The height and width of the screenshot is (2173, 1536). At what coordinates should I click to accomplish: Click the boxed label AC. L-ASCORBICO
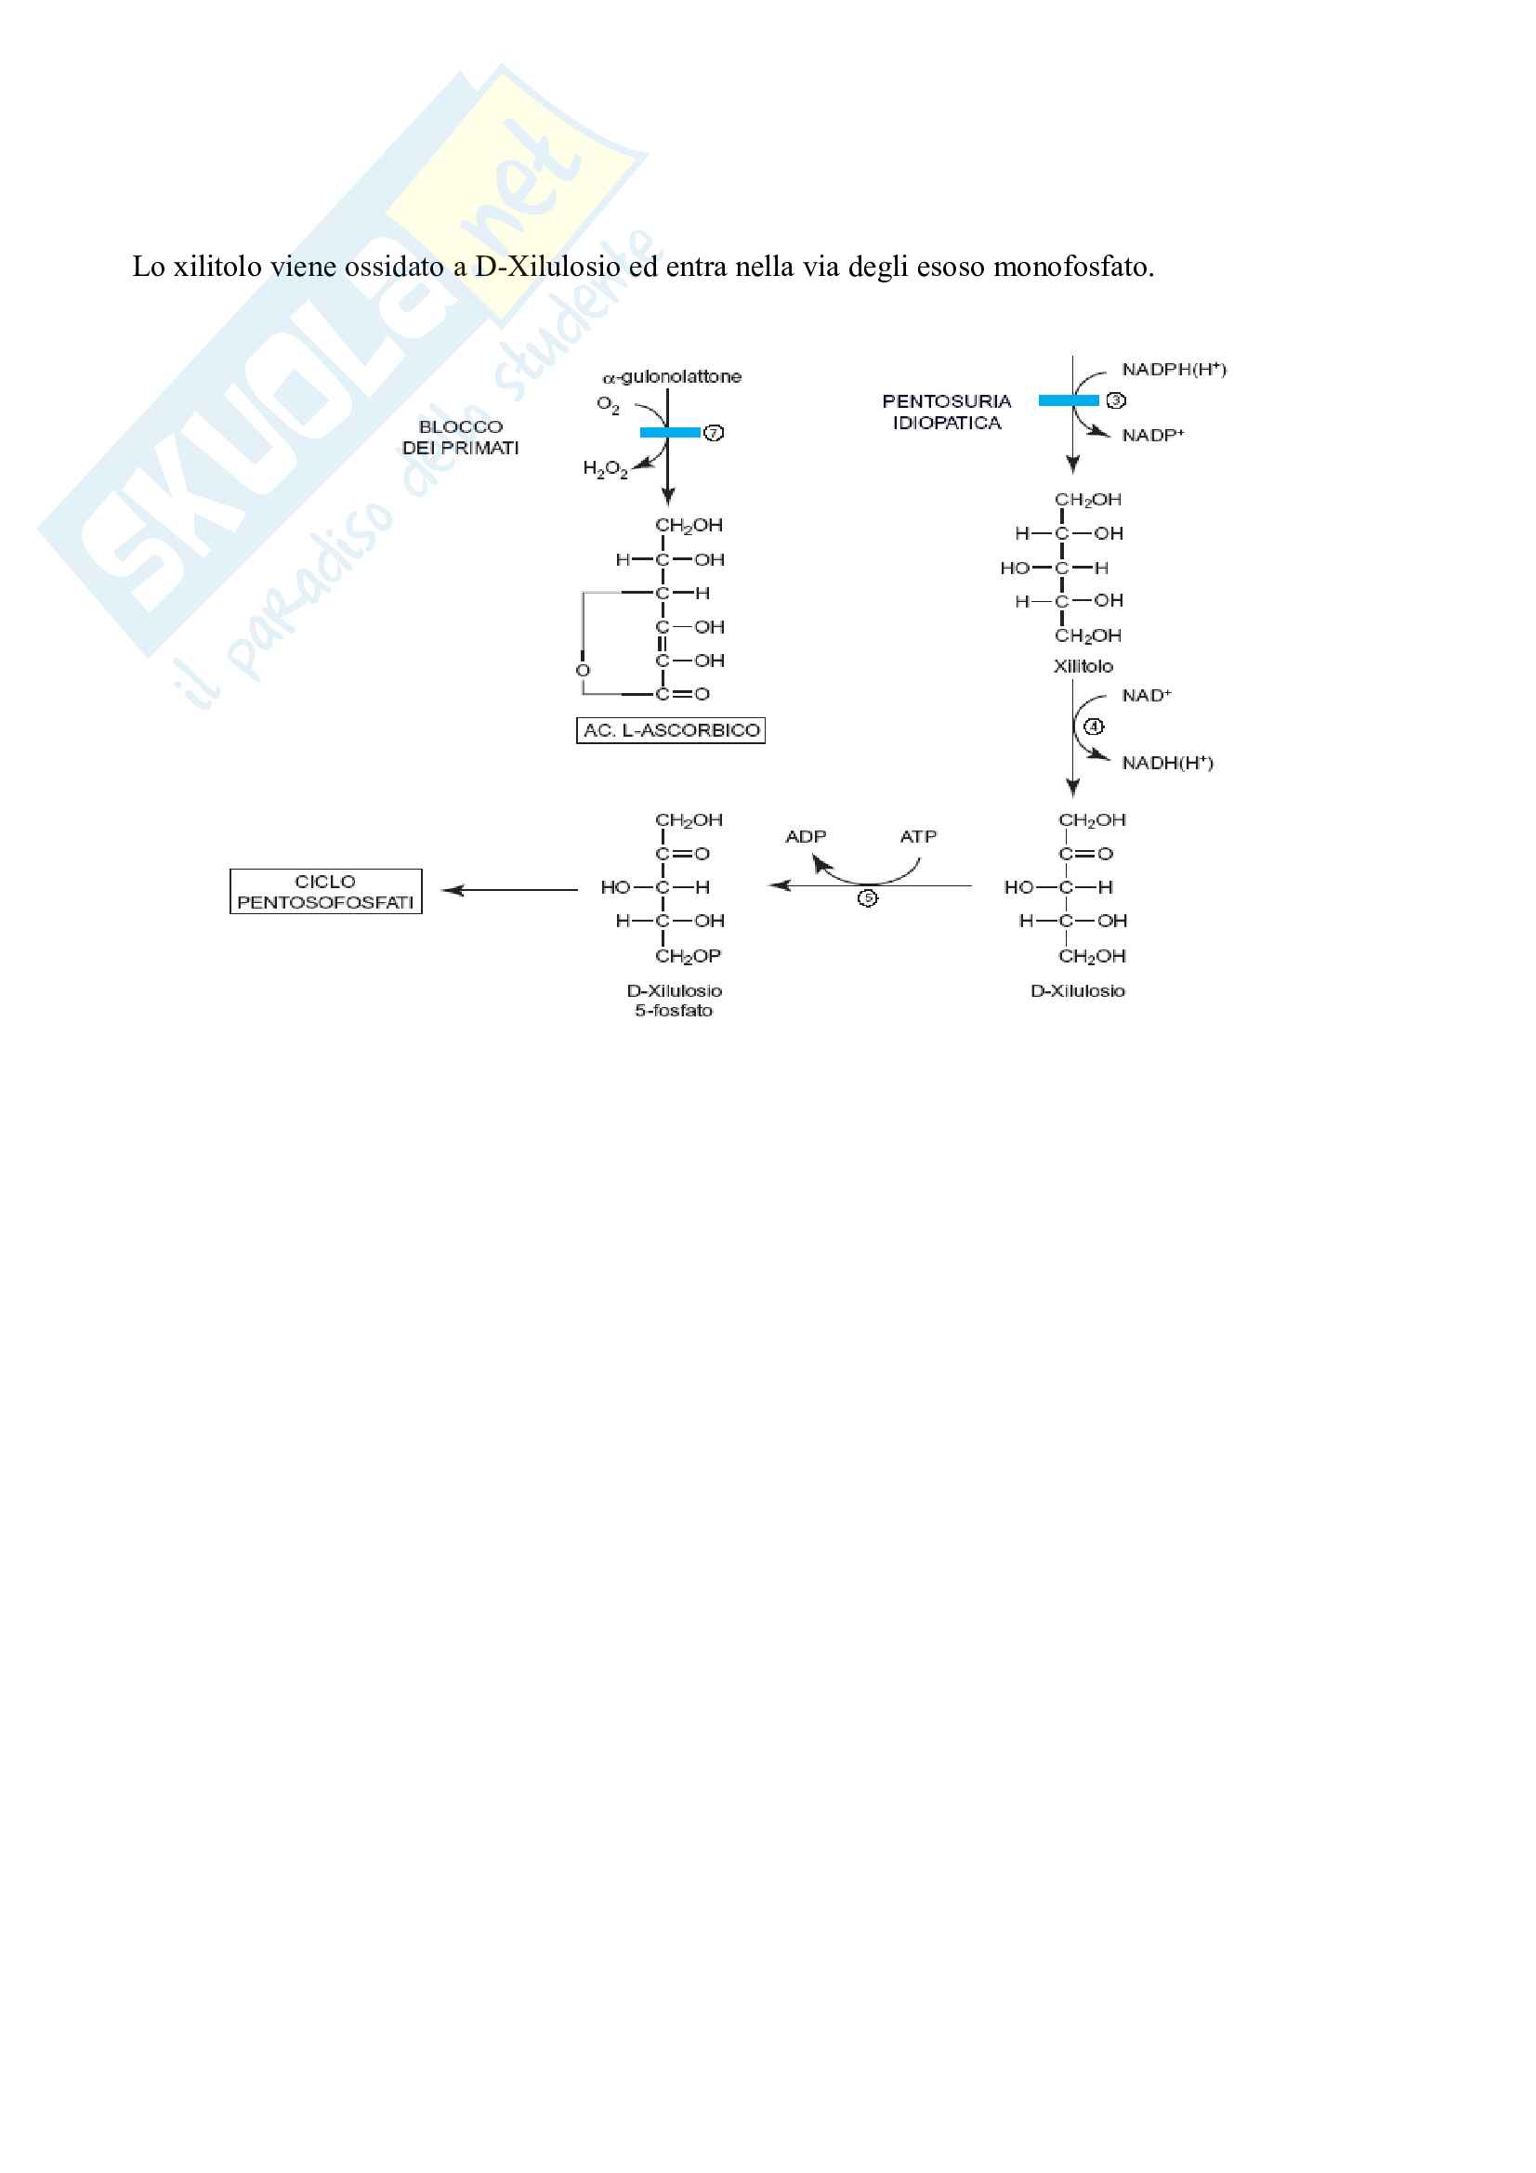[670, 730]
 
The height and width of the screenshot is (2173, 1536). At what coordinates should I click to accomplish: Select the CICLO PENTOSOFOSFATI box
[325, 892]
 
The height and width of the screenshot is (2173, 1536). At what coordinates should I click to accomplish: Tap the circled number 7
[714, 433]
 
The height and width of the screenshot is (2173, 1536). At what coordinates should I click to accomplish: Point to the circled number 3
[1116, 400]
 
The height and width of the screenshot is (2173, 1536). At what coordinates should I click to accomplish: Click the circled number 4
[1093, 727]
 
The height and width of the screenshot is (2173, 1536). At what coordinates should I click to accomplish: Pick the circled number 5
[867, 898]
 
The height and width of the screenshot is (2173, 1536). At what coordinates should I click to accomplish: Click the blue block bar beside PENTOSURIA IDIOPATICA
[1068, 400]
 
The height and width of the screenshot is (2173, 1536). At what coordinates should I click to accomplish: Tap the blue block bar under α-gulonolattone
[669, 433]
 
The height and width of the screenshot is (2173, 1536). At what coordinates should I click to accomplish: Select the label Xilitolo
[1083, 666]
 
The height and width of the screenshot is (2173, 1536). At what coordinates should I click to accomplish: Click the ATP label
[918, 837]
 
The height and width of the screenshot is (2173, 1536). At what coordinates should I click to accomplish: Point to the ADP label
[806, 837]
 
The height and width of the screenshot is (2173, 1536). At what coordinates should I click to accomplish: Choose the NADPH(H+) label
[1174, 369]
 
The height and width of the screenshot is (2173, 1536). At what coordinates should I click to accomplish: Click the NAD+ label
[1146, 696]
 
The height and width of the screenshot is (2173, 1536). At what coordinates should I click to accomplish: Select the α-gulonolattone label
[672, 376]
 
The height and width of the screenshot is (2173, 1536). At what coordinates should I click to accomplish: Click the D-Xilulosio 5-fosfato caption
[674, 1001]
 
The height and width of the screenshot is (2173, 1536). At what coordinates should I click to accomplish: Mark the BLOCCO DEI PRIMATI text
[461, 438]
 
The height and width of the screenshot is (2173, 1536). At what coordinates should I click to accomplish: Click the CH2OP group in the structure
[688, 956]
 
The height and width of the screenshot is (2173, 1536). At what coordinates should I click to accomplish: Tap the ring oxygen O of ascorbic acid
[583, 670]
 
